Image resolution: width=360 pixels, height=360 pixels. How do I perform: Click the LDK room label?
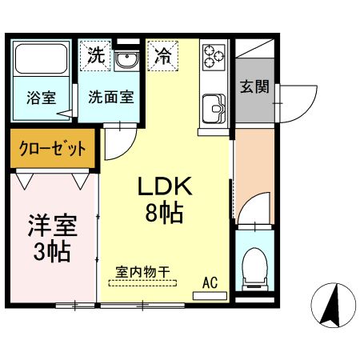(166, 187)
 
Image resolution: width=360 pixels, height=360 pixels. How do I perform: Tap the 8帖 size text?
(166, 214)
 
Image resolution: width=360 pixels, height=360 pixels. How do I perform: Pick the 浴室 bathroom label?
(42, 99)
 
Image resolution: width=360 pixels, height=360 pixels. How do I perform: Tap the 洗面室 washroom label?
(110, 99)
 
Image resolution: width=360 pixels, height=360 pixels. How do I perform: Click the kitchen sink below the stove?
(214, 106)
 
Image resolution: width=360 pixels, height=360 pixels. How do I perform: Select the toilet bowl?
(255, 269)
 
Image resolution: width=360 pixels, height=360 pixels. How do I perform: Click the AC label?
(210, 282)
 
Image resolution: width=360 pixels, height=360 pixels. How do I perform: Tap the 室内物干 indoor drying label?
(143, 271)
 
